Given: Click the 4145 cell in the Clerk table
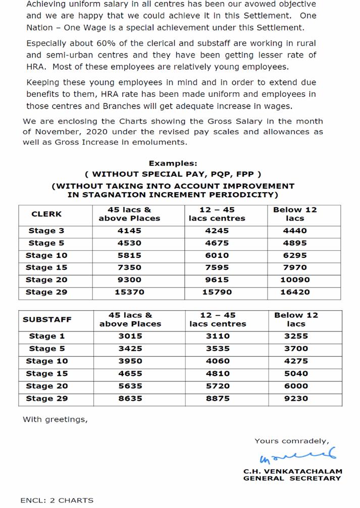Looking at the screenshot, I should pyautogui.click(x=130, y=231).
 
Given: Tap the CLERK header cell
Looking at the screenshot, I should pyautogui.click(x=46, y=214).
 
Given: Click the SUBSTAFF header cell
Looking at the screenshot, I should pyautogui.click(x=47, y=319).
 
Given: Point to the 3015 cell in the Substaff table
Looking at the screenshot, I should pyautogui.click(x=130, y=336).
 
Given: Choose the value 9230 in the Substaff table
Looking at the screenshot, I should pyautogui.click(x=296, y=399).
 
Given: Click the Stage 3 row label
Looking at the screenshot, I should pyautogui.click(x=46, y=231).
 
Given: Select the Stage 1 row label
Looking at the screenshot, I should pyautogui.click(x=46, y=336).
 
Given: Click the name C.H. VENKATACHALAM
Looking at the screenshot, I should pyautogui.click(x=292, y=471).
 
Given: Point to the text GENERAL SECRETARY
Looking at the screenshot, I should pyautogui.click(x=292, y=478).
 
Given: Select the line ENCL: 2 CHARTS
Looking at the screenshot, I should pyautogui.click(x=57, y=500).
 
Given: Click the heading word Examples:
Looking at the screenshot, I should pyautogui.click(x=173, y=163).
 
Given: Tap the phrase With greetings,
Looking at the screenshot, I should pyautogui.click(x=55, y=419).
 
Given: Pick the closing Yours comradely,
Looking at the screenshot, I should pyautogui.click(x=291, y=441).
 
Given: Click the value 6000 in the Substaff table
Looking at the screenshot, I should pyautogui.click(x=296, y=386).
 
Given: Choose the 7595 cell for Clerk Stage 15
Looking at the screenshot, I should pyautogui.click(x=217, y=267).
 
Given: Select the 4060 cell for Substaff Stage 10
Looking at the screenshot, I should pyautogui.click(x=217, y=361).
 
